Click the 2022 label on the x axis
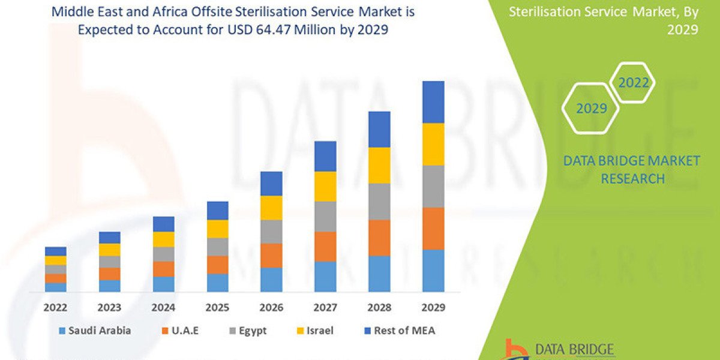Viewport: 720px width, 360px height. (x=56, y=307)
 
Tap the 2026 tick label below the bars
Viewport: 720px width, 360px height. (x=271, y=307)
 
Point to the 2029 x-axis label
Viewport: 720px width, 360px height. (x=433, y=307)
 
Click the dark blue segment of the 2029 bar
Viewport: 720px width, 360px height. (x=433, y=102)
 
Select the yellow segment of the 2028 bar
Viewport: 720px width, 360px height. (x=379, y=165)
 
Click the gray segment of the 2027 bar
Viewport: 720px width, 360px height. (x=325, y=216)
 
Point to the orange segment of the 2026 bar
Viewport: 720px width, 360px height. (x=271, y=255)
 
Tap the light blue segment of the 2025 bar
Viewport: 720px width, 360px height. (x=217, y=282)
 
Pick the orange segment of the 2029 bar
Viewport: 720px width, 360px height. (x=433, y=228)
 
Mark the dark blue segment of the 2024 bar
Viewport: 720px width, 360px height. (x=163, y=224)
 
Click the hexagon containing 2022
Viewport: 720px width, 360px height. (x=634, y=83)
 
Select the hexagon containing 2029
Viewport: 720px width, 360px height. (x=591, y=108)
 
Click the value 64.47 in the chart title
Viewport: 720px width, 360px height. (x=287, y=29)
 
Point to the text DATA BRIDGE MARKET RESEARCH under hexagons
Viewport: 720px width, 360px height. (x=632, y=169)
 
